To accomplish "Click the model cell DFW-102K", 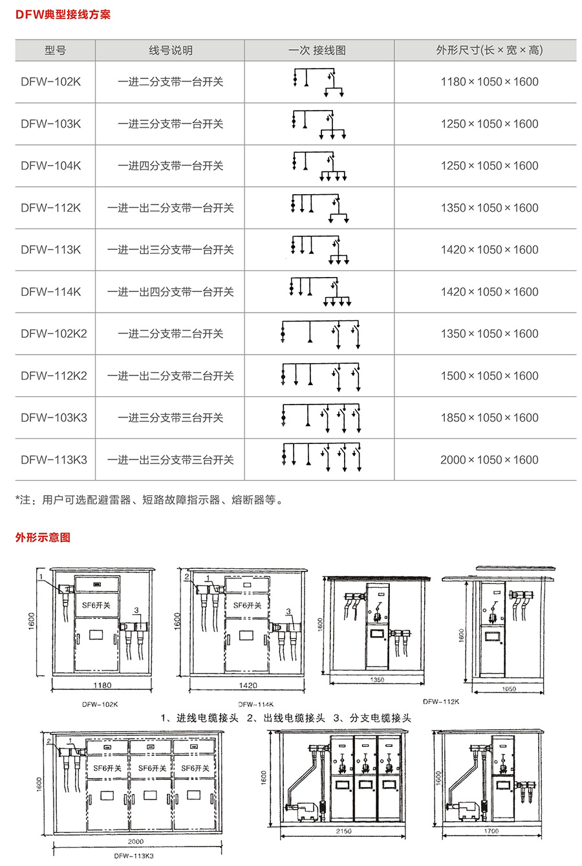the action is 50,82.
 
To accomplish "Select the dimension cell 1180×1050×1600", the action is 490,82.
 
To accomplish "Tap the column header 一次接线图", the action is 317,50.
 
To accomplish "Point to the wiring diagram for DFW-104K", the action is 319,166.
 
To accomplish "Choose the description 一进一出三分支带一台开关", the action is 170,250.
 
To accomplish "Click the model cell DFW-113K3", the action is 54,460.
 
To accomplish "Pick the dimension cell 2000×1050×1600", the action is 490,460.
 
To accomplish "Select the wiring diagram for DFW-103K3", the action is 321,418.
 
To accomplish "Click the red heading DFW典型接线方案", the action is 63,15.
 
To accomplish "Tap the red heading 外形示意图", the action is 43,537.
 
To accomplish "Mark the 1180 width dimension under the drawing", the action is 102,685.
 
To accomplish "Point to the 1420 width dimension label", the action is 248,685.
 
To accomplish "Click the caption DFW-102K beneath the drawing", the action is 100,704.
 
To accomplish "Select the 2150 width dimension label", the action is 343,831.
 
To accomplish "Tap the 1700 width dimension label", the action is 491,831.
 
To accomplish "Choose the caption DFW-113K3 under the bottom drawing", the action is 134,856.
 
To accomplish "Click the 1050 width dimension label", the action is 509,689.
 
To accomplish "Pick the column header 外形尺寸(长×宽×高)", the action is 490,50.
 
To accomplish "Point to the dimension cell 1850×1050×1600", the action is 490,417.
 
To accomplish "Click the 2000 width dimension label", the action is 136,841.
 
